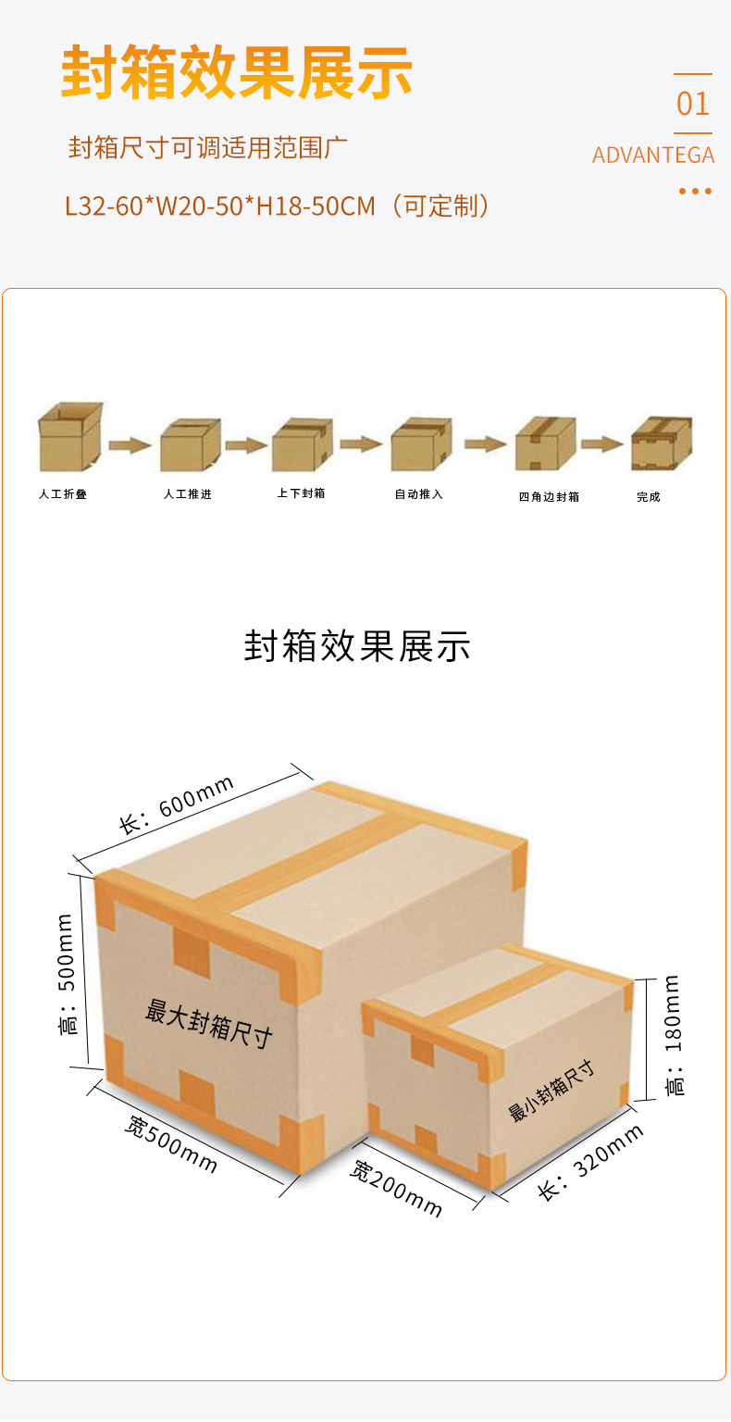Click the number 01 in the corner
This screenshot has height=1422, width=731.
click(x=692, y=104)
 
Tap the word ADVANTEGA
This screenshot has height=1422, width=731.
click(x=653, y=156)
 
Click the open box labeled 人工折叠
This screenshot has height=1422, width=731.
click(x=69, y=437)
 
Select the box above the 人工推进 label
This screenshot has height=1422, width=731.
click(x=191, y=444)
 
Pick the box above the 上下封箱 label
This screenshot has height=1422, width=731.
click(x=303, y=444)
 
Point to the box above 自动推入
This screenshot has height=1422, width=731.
click(x=421, y=443)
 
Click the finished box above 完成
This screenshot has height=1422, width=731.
click(x=662, y=443)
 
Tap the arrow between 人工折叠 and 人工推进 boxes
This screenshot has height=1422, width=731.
click(x=130, y=445)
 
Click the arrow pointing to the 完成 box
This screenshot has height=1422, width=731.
click(x=602, y=443)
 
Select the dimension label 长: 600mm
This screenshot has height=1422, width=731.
click(x=177, y=805)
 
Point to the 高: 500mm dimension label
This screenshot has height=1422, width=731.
click(x=68, y=974)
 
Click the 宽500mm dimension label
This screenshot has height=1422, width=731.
click(x=170, y=1144)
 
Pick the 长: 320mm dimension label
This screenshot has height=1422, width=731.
click(x=590, y=1163)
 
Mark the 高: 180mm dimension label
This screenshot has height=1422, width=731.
click(x=674, y=1036)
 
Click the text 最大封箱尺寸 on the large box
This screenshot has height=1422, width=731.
click(x=209, y=1023)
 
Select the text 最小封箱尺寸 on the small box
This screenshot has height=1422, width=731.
click(x=551, y=1090)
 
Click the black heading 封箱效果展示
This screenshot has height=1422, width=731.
click(x=357, y=646)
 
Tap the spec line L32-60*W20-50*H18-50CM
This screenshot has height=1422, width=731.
click(x=220, y=206)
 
